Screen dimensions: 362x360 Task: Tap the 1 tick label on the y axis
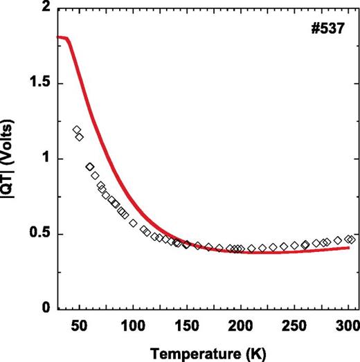click(x=43, y=159)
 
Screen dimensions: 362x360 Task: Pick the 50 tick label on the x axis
click(x=78, y=325)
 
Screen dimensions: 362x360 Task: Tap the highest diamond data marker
click(x=77, y=129)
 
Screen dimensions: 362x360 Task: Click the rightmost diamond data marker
click(x=351, y=239)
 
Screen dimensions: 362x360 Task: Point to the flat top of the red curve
click(x=62, y=37)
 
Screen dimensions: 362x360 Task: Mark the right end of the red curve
click(x=348, y=248)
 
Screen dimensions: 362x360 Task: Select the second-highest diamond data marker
click(x=80, y=136)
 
